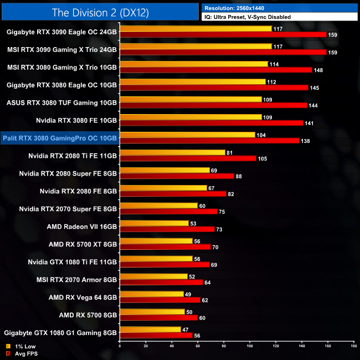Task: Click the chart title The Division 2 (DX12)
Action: click(x=100, y=11)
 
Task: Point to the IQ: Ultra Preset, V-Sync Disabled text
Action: click(x=247, y=17)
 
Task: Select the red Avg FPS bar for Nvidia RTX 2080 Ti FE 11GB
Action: click(x=188, y=158)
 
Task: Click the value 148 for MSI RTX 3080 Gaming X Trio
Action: click(x=318, y=70)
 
